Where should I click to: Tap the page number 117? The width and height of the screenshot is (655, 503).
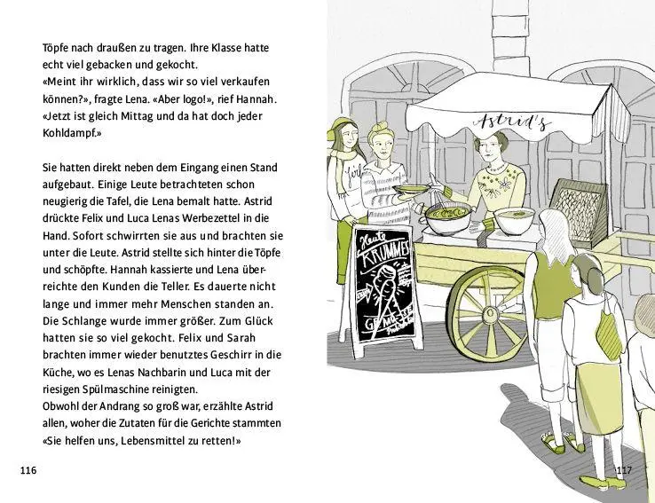(623, 469)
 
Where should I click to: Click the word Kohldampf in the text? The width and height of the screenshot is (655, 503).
(72, 132)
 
